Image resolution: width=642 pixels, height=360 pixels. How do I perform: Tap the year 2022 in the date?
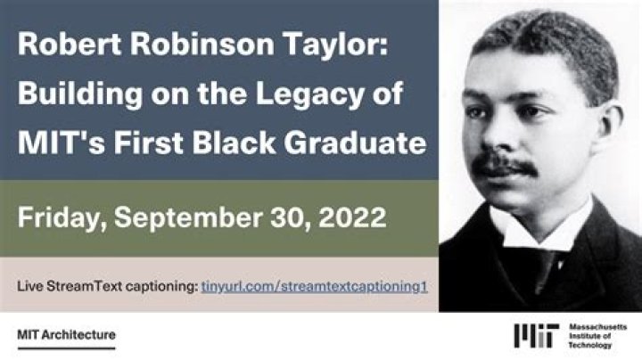tap(353, 217)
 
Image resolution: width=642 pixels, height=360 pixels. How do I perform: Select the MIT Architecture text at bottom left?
tap(66, 335)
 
